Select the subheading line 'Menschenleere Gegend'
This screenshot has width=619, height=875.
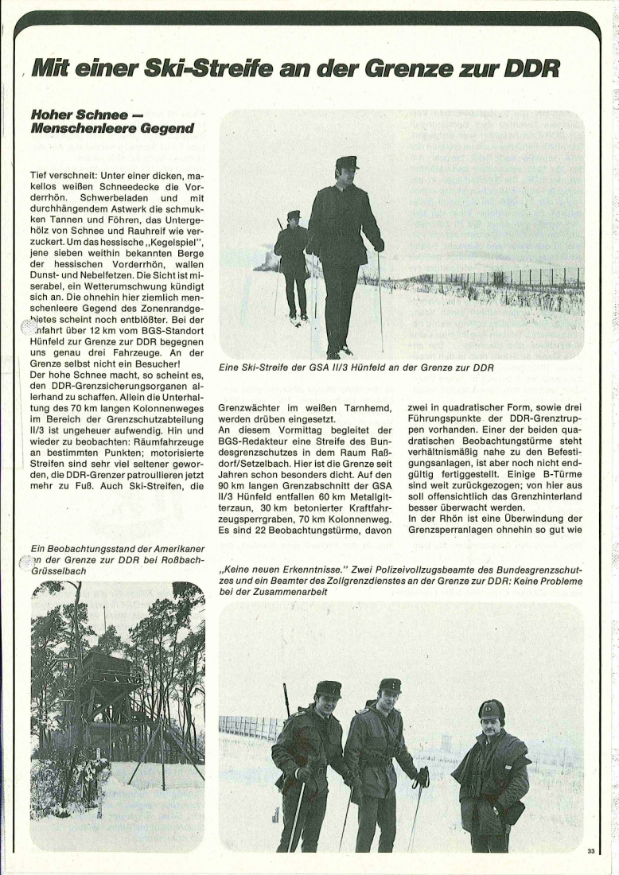[111, 128]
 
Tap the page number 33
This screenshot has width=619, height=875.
[591, 851]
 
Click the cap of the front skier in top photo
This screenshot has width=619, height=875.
[347, 162]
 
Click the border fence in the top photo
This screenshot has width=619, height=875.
[509, 278]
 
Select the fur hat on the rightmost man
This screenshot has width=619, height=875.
[491, 708]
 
